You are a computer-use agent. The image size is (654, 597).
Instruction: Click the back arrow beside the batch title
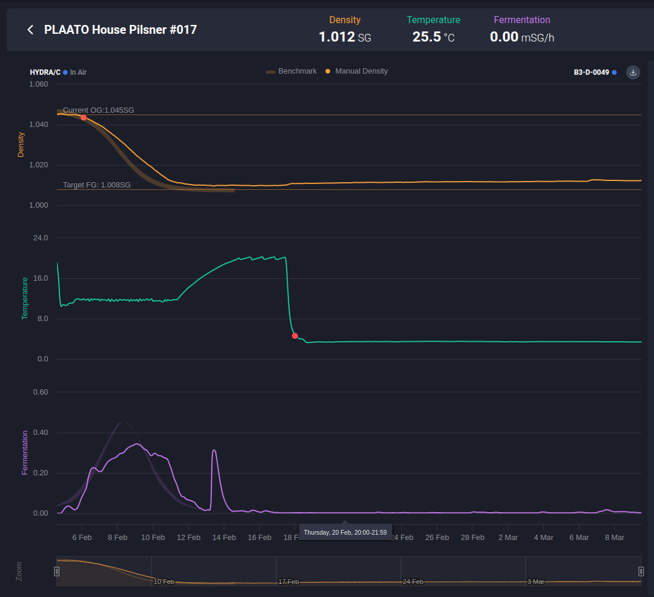[30, 30]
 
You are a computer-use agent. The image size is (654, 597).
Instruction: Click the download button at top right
[633, 72]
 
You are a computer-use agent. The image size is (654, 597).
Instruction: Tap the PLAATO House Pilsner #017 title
[120, 30]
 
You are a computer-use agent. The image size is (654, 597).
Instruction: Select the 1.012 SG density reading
[345, 37]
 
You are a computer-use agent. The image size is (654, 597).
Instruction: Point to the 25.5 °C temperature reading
[433, 37]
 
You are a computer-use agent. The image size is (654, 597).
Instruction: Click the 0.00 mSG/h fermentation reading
[522, 37]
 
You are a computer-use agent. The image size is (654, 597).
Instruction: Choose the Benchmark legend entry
[291, 71]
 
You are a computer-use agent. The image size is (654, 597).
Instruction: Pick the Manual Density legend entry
[357, 71]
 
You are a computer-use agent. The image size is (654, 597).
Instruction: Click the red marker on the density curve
[84, 118]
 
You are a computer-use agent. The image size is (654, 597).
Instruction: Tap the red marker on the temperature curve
[295, 336]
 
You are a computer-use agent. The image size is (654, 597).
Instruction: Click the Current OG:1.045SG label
[99, 110]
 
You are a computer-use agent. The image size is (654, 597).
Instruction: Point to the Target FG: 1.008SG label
[97, 185]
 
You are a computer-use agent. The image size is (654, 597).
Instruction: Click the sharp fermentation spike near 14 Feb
[214, 450]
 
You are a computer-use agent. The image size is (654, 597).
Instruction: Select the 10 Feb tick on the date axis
[153, 537]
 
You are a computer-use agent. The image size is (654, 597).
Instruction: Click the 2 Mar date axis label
[507, 537]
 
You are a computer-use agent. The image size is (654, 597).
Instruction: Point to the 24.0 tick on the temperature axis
[40, 238]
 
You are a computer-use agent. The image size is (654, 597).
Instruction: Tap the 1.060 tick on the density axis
[39, 84]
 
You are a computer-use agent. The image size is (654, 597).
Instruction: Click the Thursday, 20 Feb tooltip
[345, 532]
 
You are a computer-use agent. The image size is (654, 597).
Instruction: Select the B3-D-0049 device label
[592, 72]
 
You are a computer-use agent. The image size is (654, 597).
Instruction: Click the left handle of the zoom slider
[57, 571]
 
